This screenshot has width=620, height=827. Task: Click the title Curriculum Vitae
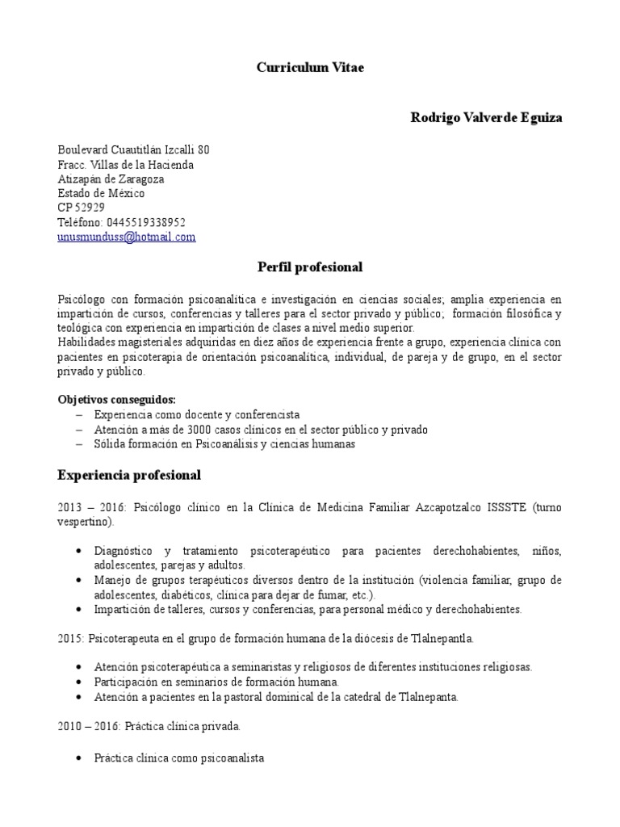coord(310,68)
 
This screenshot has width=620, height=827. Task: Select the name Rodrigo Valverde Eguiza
coord(487,118)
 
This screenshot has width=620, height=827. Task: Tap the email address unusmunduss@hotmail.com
coord(127,237)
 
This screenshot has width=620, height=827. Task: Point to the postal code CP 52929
coord(81,208)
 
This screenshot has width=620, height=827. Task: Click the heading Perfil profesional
coord(310,267)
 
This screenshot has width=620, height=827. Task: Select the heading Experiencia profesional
coord(129,475)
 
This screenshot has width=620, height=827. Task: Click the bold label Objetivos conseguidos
coord(116,400)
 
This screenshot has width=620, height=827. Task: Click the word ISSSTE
coord(505,507)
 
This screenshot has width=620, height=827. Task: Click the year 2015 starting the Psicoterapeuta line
coord(70,639)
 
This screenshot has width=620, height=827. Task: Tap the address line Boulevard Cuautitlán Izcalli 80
coord(134,150)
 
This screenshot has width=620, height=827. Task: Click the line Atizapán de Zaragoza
coord(111,179)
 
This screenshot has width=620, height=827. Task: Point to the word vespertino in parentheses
coord(85,522)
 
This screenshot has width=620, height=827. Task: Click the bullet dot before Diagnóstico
coord(77,551)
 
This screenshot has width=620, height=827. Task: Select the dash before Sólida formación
coord(79,444)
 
